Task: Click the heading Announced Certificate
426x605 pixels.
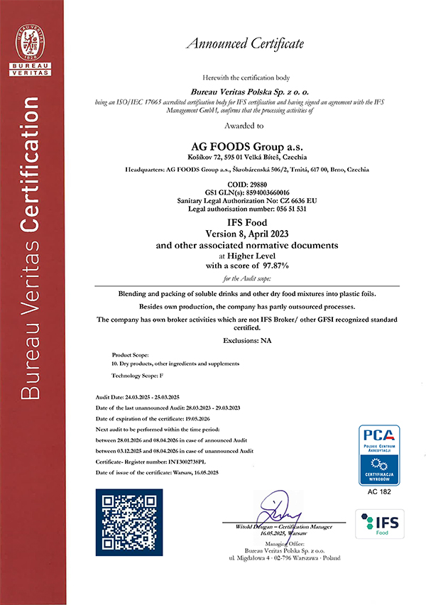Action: (244, 44)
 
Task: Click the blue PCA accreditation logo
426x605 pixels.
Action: (381, 454)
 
